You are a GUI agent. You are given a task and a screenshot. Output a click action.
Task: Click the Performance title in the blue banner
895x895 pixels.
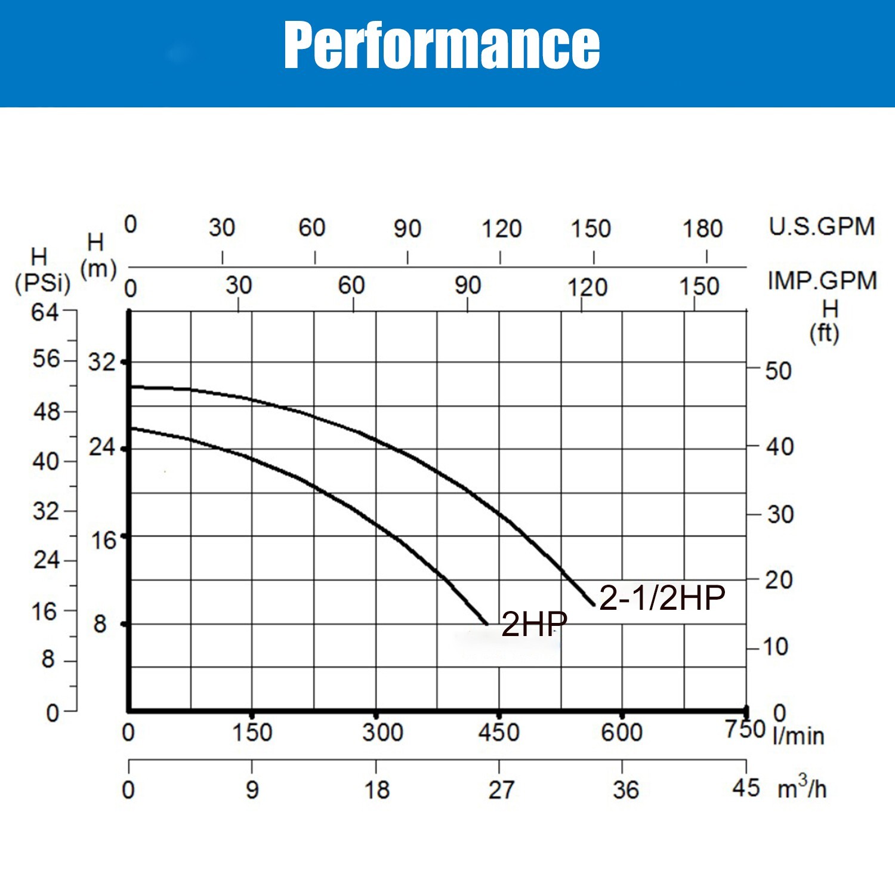(442, 45)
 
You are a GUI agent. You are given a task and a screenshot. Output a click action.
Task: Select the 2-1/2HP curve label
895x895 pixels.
(662, 597)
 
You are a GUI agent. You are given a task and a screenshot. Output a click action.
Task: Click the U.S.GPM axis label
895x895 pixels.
(822, 227)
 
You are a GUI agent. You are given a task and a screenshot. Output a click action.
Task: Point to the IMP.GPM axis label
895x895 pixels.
(822, 280)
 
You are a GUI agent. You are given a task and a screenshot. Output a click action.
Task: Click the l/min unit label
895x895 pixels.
(798, 736)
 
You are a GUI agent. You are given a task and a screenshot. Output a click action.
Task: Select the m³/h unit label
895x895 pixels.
(801, 789)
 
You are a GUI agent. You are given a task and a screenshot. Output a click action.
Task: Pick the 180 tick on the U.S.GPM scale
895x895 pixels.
(703, 229)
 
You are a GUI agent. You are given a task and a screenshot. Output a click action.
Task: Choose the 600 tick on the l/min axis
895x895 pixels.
(622, 732)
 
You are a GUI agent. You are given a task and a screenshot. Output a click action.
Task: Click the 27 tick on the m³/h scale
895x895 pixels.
(500, 790)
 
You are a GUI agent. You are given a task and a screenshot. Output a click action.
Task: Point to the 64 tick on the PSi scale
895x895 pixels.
(45, 311)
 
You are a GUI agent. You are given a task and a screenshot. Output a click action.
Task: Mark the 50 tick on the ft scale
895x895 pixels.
(778, 371)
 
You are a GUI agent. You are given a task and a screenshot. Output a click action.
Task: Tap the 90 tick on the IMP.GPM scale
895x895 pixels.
(467, 286)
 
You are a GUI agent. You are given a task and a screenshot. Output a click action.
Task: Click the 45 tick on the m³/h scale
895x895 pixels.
(746, 788)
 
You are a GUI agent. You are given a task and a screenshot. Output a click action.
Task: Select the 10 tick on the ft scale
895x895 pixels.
(776, 647)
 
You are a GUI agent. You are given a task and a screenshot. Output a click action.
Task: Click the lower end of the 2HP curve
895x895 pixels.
(487, 624)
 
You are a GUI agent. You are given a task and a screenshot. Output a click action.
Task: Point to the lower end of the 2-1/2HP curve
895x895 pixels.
(594, 605)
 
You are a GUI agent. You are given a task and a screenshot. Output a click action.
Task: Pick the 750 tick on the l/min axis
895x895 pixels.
(745, 729)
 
